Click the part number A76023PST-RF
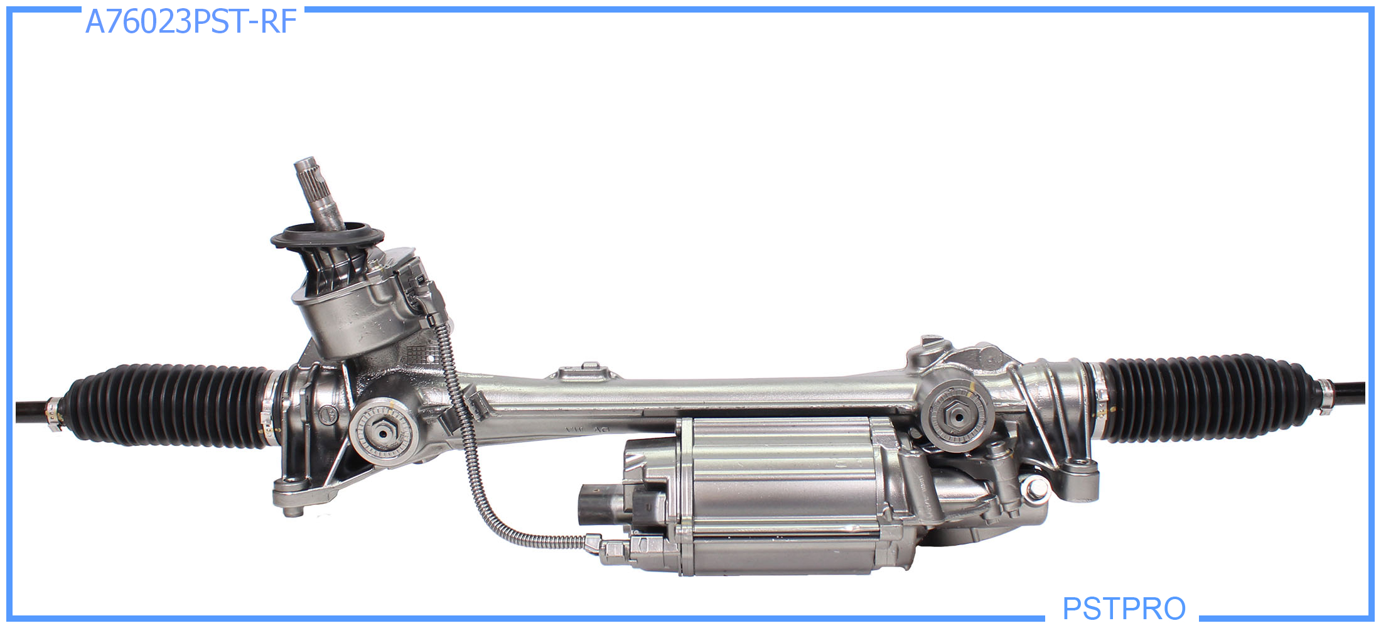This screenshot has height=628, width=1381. coord(191,22)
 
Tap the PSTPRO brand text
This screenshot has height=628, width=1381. coord(1124,608)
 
